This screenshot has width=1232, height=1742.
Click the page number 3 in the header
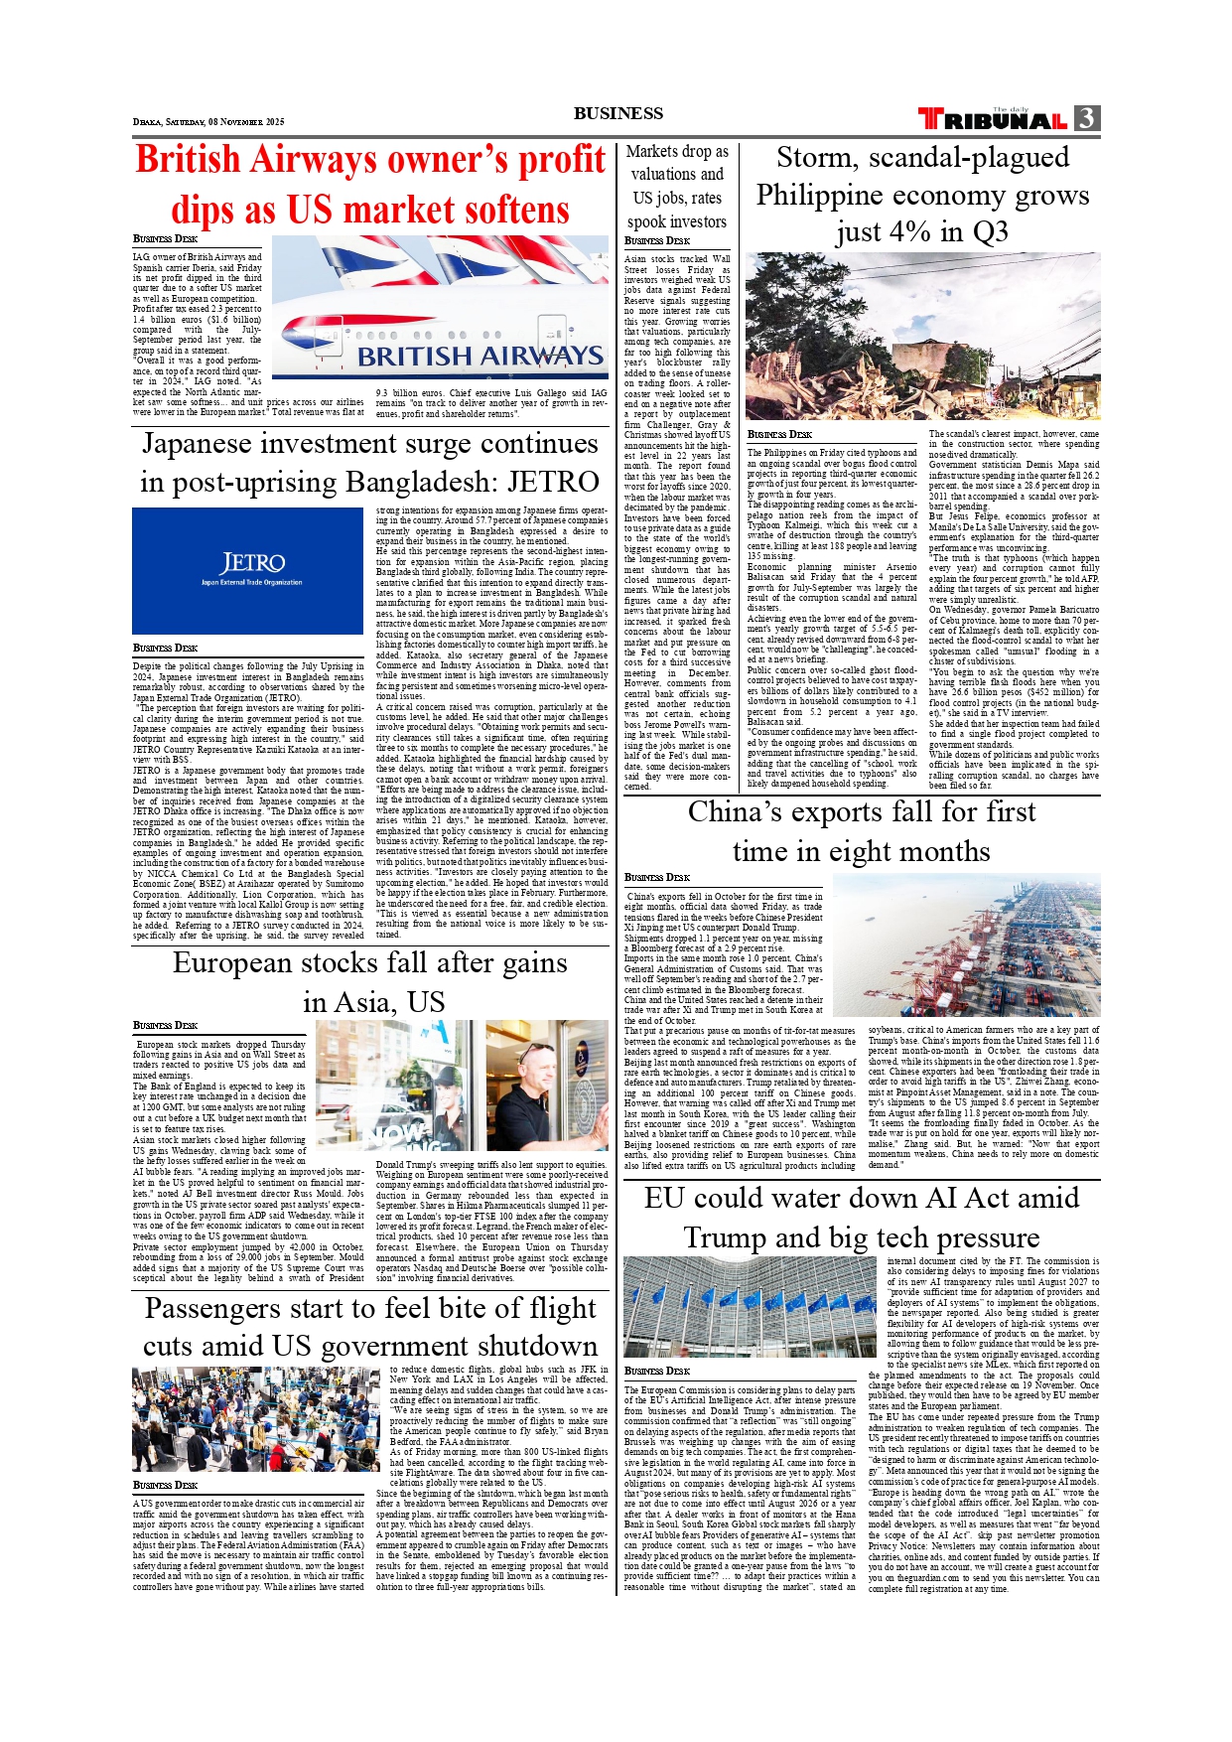click(1087, 119)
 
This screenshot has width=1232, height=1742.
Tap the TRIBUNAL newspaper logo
click(993, 120)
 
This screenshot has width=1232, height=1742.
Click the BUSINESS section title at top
click(617, 113)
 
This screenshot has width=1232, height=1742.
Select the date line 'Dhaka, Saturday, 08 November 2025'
click(208, 122)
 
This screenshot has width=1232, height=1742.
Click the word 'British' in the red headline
click(188, 160)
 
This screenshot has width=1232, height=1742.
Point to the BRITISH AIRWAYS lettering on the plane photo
click(479, 356)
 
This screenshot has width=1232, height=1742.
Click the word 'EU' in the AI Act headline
click(665, 1199)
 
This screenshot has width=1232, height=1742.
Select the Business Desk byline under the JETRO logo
click(165, 648)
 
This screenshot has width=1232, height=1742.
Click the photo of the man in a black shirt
click(547, 1085)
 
